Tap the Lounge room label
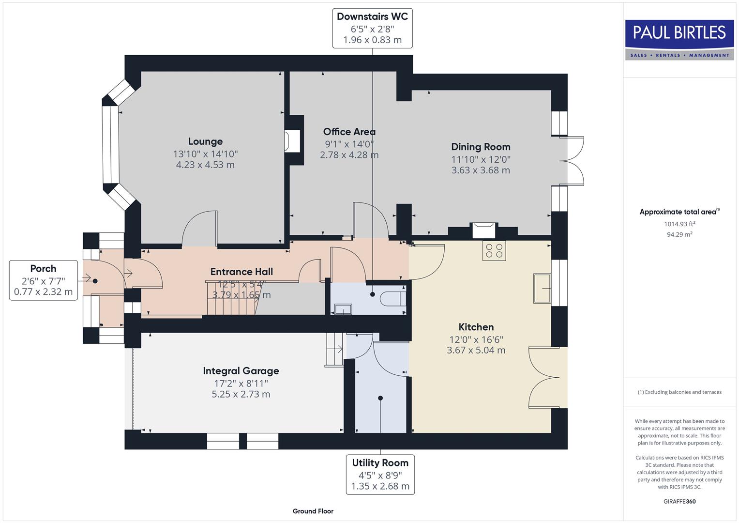(x=205, y=141)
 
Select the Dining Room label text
(x=481, y=147)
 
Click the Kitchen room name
(x=476, y=327)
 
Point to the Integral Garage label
(x=241, y=371)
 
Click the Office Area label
(x=349, y=132)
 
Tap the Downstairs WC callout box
(x=372, y=28)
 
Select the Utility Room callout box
(x=380, y=474)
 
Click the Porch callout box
(x=44, y=280)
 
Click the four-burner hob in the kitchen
(x=494, y=250)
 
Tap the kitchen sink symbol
(x=542, y=288)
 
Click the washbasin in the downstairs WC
(x=343, y=309)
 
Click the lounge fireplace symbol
(x=293, y=140)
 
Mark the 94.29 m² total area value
(x=679, y=234)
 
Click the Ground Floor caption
(x=313, y=511)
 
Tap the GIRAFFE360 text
(x=679, y=501)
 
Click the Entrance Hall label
(x=241, y=272)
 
